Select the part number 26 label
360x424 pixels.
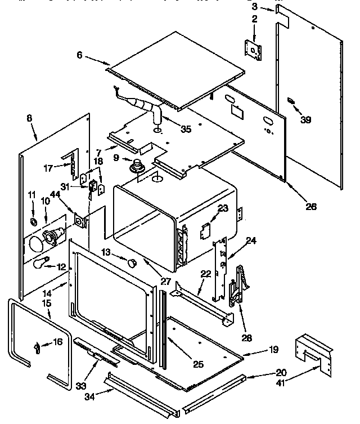(x=311, y=207)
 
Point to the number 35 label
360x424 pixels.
(x=185, y=129)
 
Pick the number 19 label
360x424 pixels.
(x=273, y=350)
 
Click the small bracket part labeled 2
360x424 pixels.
(x=255, y=50)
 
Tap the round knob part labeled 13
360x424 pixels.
(x=133, y=262)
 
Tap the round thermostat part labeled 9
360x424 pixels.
(x=137, y=167)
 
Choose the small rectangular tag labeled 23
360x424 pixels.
(x=206, y=229)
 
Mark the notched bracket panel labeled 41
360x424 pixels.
(x=313, y=351)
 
